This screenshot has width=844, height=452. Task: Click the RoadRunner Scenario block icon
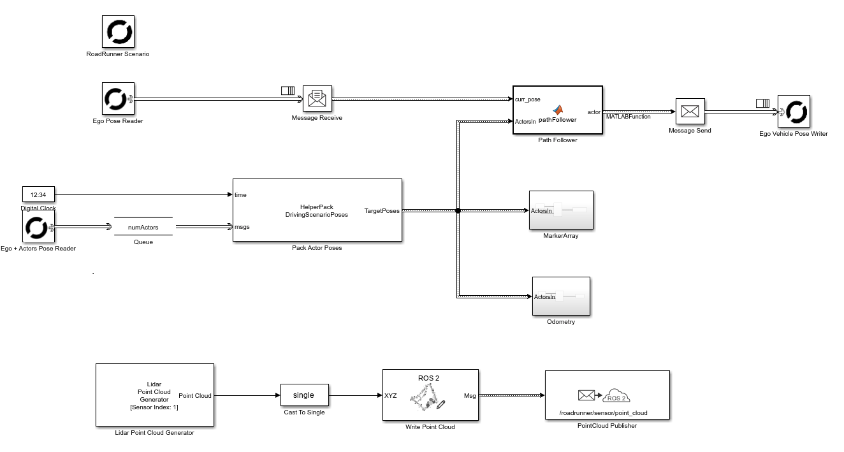tap(118, 31)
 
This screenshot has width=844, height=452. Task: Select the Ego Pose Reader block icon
tap(118, 98)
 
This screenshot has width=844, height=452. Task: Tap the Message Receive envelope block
tap(317, 98)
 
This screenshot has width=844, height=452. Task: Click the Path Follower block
tap(558, 110)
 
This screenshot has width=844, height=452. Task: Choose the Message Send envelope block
tap(690, 111)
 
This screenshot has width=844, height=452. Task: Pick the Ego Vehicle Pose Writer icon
tap(794, 112)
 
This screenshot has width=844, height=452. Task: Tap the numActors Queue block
tap(143, 226)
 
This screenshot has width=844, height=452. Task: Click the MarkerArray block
tap(561, 210)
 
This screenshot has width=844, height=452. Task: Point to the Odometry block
tap(561, 296)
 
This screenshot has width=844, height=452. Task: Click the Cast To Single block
tap(304, 395)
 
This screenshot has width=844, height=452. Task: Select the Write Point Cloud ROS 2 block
tap(430, 395)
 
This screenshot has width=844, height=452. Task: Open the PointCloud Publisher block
tap(607, 395)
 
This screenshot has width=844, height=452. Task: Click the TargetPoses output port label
tap(382, 210)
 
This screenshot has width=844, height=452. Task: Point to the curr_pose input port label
tap(528, 99)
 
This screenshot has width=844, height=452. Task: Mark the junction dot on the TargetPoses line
tap(458, 210)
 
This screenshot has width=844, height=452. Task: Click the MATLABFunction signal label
tap(628, 117)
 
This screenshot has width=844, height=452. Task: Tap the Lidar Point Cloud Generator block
tap(154, 395)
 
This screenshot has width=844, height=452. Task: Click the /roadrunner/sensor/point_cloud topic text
tap(603, 413)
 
